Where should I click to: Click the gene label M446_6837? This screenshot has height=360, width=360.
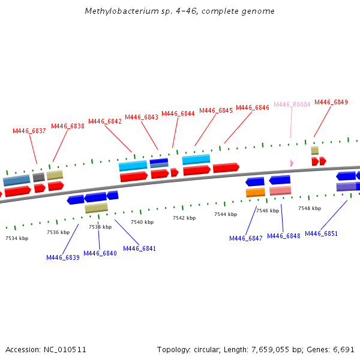pos(29,131)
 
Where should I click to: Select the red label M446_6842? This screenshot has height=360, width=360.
pos(105,121)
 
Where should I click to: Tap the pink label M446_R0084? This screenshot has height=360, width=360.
pos(292,104)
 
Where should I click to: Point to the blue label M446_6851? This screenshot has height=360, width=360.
pos(321,233)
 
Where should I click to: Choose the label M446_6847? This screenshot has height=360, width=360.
pos(246,238)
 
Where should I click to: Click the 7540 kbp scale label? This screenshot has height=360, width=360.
pos(142,222)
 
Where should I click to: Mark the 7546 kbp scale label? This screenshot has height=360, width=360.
pos(268,211)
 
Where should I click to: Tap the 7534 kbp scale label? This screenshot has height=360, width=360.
pos(17,238)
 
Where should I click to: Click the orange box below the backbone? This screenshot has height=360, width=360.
pos(256,192)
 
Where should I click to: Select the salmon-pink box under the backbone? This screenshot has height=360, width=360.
pos(280,191)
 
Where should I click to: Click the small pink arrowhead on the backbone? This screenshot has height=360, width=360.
pos(292,163)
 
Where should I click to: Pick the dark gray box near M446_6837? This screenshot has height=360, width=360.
pos(39,178)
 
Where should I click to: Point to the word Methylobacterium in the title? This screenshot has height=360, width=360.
pos(113,11)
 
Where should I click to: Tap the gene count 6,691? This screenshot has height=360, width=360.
pos(344,349)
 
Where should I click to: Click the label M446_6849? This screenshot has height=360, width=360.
pos(331,102)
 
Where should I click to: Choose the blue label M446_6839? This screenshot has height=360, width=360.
pos(63,257)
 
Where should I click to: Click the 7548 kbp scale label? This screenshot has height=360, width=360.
pos(310,208)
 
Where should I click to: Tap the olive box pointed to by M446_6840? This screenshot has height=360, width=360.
pos(96,208)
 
